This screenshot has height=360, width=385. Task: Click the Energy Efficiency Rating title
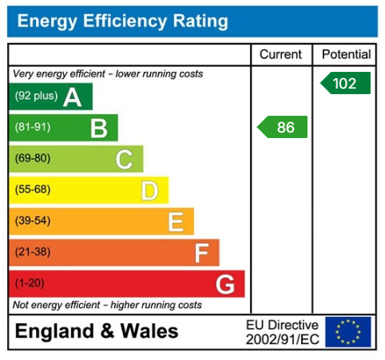(122, 22)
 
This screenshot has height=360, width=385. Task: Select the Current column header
(281, 54)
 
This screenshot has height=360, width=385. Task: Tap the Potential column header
(347, 54)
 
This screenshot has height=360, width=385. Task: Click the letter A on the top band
(73, 97)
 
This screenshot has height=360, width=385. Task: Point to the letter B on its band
(98, 128)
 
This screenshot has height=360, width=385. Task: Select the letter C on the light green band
(124, 159)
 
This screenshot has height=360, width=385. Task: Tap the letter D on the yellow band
(149, 190)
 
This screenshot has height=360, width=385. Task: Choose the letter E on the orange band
(176, 221)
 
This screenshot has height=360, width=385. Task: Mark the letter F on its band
(202, 252)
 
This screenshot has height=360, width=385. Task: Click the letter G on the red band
(225, 283)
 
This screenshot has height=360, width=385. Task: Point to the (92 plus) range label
(36, 97)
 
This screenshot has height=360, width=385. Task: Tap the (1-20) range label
(30, 283)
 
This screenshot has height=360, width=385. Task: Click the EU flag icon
(348, 332)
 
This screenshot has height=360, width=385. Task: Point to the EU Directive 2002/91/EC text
(282, 332)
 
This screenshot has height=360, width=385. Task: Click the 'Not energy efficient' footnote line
(108, 305)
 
